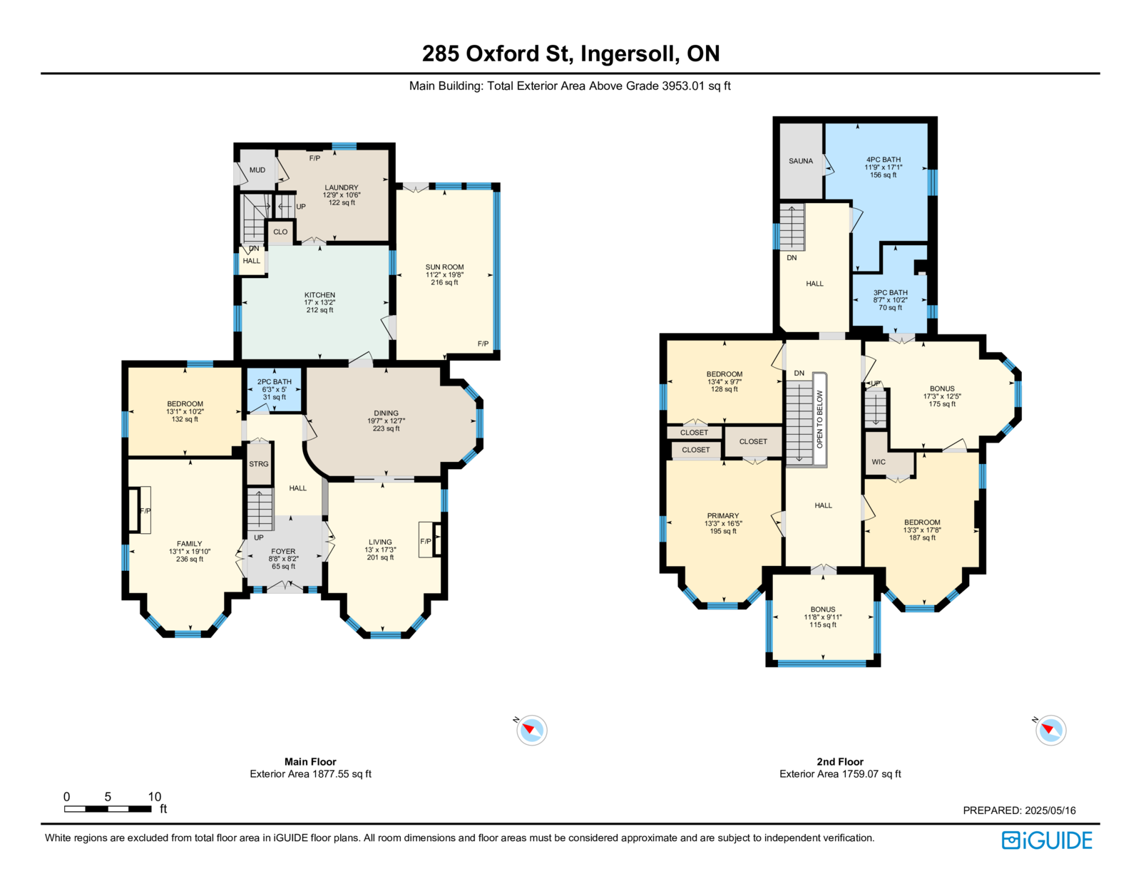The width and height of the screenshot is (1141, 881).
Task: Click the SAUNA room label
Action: pyautogui.click(x=800, y=161)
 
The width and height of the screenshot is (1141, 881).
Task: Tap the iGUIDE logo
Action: pyautogui.click(x=1046, y=840)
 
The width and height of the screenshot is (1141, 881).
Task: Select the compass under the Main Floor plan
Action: pyautogui.click(x=531, y=730)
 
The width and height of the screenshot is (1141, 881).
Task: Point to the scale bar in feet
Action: pyautogui.click(x=108, y=808)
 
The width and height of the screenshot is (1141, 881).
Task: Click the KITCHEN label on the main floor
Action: pyautogui.click(x=319, y=295)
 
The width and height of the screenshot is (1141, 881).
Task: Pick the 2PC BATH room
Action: pyautogui.click(x=275, y=389)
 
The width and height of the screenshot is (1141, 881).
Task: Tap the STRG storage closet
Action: pyautogui.click(x=259, y=464)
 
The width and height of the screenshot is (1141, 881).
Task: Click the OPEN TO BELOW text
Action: pyautogui.click(x=819, y=418)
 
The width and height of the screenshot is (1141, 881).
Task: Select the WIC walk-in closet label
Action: pyautogui.click(x=879, y=462)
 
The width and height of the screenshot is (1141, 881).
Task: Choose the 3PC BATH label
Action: pyautogui.click(x=890, y=292)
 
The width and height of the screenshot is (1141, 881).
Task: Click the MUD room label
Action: pyautogui.click(x=257, y=170)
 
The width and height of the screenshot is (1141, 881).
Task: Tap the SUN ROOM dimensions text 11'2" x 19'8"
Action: pyautogui.click(x=444, y=274)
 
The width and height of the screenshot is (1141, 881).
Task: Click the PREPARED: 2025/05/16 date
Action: pyautogui.click(x=1019, y=810)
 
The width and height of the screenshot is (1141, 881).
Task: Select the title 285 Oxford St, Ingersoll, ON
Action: pyautogui.click(x=570, y=53)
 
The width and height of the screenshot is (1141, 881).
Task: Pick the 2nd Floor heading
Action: pyautogui.click(x=839, y=761)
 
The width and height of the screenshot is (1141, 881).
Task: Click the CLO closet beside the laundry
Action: pyautogui.click(x=280, y=232)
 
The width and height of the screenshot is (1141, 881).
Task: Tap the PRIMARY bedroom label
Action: pyautogui.click(x=722, y=516)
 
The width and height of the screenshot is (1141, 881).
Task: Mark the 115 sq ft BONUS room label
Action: pyautogui.click(x=822, y=617)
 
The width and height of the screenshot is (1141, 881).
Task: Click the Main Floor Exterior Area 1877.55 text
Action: pyautogui.click(x=310, y=773)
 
